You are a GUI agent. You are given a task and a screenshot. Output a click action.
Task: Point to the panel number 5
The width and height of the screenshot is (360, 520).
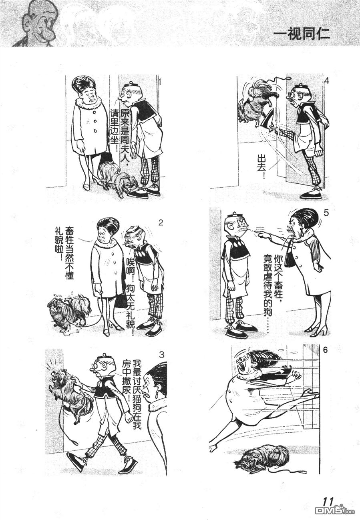click(326, 213)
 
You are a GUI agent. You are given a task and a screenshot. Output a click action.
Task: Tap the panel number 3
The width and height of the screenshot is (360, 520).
click(162, 361)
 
